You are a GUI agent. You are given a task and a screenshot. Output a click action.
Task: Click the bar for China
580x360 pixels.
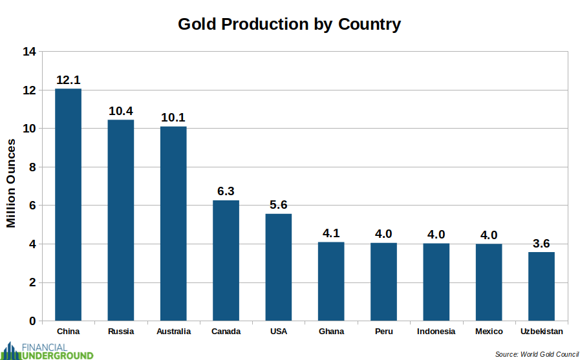coord(68,204)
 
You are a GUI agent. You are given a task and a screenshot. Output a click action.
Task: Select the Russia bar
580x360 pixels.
coord(121,220)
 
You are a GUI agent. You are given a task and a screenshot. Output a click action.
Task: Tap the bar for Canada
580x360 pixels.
coord(226,260)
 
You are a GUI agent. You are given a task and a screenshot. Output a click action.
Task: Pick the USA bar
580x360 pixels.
coord(279,267)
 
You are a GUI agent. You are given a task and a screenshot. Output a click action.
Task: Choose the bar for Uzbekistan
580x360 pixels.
coord(541,286)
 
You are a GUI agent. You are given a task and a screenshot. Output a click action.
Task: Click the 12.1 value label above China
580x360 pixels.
coord(68,81)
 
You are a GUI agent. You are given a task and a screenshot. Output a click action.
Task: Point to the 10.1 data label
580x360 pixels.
coord(173,118)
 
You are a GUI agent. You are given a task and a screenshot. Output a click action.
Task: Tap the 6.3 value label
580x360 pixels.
coord(226,191)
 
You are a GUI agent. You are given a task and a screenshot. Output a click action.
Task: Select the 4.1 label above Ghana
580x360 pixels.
coord(331,233)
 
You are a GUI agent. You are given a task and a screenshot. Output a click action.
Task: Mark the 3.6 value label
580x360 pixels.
coord(541,243)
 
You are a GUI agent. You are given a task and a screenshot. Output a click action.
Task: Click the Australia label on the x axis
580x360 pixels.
coord(173,332)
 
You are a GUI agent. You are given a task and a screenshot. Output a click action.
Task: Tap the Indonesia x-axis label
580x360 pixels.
coord(436,332)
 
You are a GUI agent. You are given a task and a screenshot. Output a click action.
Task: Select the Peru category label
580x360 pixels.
coord(383,332)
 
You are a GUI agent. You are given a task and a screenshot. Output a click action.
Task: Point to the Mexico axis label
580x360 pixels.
coord(489,332)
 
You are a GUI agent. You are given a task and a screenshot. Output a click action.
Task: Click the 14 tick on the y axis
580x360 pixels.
coord(29,52)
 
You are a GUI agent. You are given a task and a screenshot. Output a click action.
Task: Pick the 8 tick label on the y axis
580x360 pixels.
coord(32,167)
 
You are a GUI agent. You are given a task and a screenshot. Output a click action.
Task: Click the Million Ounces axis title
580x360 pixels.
coord(11,183)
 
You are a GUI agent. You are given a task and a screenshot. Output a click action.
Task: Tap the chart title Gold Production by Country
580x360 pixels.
coord(290,25)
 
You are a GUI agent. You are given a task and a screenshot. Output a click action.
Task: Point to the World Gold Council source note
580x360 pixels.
coord(537,354)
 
